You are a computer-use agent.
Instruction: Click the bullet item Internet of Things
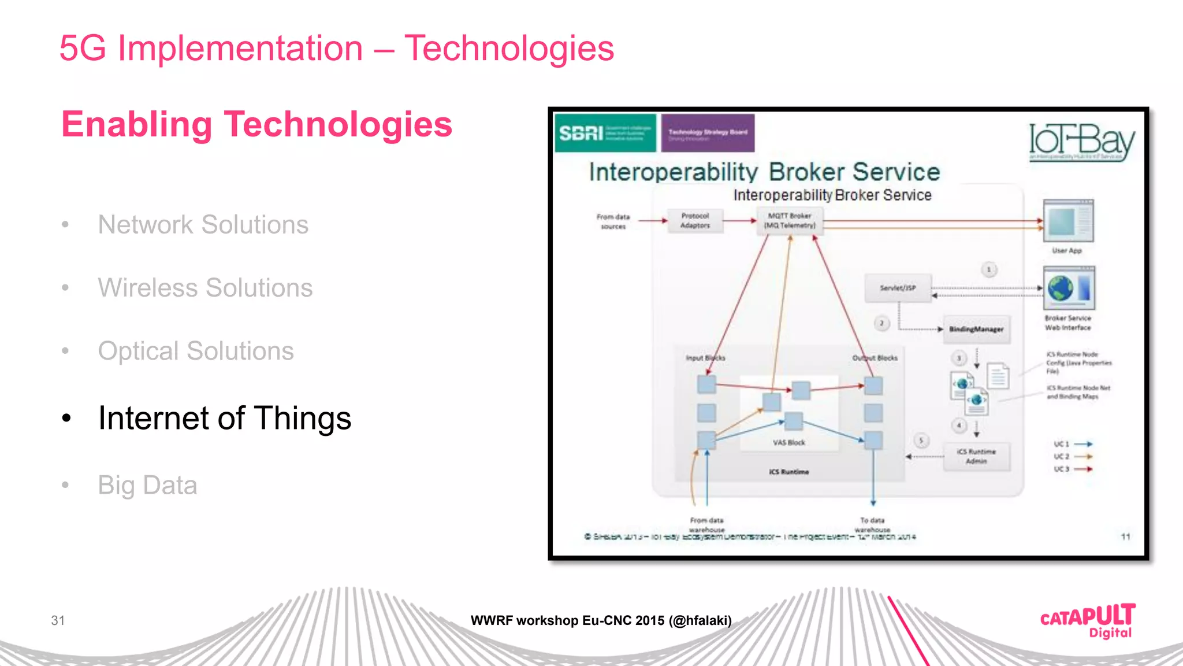pos(224,418)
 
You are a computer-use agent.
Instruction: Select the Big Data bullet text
pos(147,485)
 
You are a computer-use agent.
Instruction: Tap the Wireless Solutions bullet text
pos(205,287)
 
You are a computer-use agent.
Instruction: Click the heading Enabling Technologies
pos(256,124)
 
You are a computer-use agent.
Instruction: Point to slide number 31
pos(58,620)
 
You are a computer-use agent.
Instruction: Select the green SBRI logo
pos(604,133)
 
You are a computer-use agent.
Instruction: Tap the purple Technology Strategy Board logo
pos(708,133)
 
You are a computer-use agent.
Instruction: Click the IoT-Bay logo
pos(1081,142)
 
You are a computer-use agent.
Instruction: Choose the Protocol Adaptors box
pos(695,220)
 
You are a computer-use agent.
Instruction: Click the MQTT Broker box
pos(790,220)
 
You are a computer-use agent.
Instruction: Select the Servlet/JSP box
pos(898,288)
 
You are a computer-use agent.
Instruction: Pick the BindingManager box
pos(976,329)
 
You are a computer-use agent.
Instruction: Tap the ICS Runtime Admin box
pos(976,456)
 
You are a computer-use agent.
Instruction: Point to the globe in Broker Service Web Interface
pos(1061,287)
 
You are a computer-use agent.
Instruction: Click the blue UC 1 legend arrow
pos(1083,444)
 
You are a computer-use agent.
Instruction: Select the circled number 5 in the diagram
pos(921,441)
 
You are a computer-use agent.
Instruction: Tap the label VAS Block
pos(788,442)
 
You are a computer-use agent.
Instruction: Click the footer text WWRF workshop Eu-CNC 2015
pos(601,620)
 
